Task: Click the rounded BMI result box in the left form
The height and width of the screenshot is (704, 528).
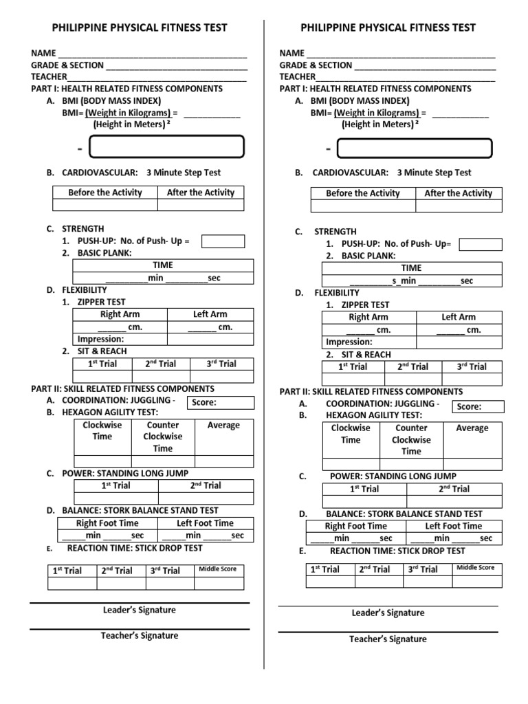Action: point(167,147)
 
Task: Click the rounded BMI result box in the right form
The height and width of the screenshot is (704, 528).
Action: point(415,148)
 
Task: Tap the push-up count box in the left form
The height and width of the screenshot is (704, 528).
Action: point(223,241)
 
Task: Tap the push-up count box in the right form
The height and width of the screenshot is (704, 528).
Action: point(481,245)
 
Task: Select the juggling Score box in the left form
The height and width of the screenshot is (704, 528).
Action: point(221,403)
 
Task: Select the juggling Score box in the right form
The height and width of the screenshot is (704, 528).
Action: point(479,406)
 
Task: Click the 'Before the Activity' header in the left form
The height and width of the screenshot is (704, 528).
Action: point(105,192)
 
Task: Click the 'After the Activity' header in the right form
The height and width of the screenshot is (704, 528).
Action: point(459,193)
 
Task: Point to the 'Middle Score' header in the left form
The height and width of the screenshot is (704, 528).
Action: point(217,569)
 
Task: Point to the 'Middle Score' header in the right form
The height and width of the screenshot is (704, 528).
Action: point(475,567)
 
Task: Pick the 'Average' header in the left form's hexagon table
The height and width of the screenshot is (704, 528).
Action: point(223,426)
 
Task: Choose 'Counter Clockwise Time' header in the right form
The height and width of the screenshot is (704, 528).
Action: point(411,440)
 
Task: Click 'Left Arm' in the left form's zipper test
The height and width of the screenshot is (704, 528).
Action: point(210,314)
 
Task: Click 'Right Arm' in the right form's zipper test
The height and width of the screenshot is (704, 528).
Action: point(368,317)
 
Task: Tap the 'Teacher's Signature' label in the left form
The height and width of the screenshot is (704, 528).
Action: point(140,636)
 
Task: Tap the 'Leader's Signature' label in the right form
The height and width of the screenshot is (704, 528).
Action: point(388,613)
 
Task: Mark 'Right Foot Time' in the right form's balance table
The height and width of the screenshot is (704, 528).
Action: point(355,526)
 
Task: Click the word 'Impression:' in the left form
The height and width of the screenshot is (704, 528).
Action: point(101,339)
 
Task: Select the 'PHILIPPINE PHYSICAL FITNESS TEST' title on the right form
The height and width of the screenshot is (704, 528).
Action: point(388,28)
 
